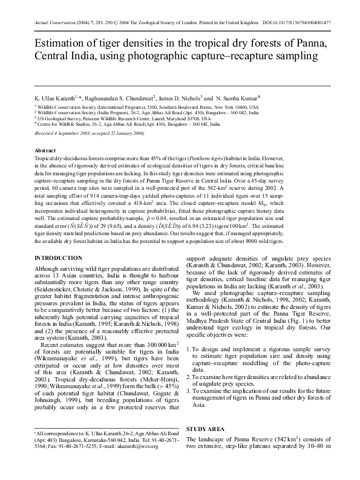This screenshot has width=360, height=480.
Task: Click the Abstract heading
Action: coord(46,149)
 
